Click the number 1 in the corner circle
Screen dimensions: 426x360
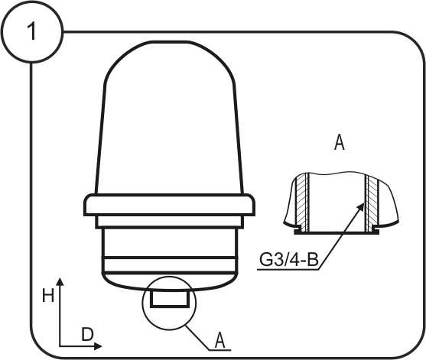[32, 31]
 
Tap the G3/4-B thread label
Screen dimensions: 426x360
[289, 260]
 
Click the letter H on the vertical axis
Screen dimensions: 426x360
[48, 295]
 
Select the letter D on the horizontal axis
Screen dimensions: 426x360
[87, 334]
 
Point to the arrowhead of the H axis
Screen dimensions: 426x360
[60, 281]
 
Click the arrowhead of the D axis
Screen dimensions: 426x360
[98, 346]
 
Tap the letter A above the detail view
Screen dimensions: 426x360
[340, 142]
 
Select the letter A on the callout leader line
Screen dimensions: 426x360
[220, 340]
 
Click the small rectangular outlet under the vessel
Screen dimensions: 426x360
[170, 298]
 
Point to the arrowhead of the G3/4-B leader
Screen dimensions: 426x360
[360, 207]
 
